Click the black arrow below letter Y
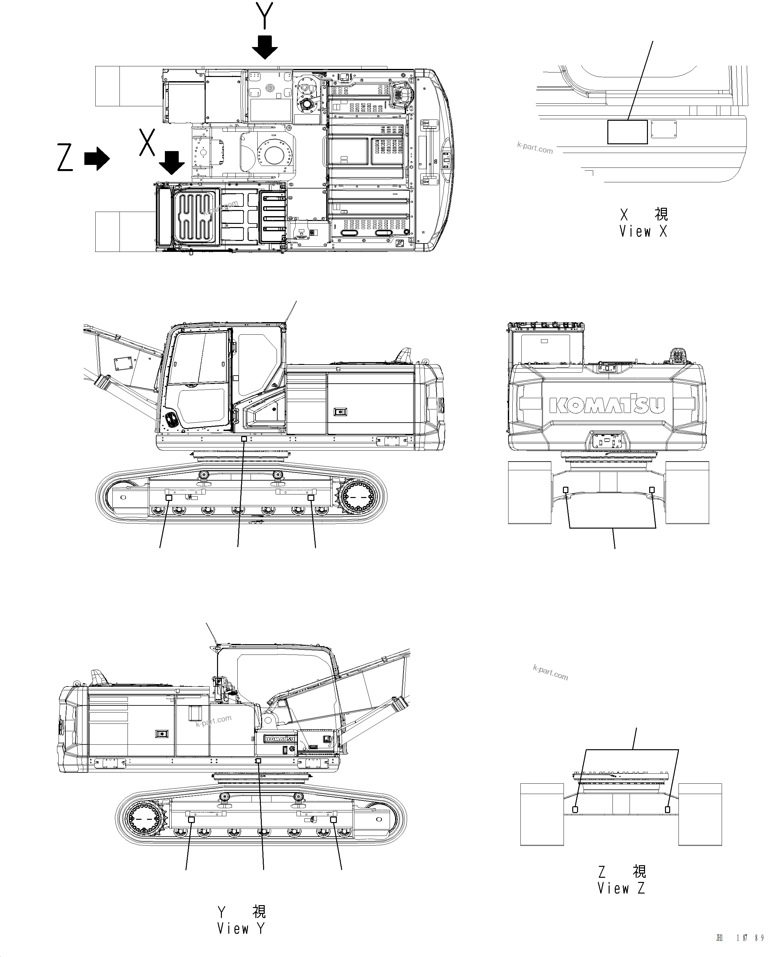pyautogui.click(x=265, y=47)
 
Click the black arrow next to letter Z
pyautogui.click(x=97, y=158)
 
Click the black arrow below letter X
pyautogui.click(x=171, y=162)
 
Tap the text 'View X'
pyautogui.click(x=643, y=231)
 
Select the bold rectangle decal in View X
pyautogui.click(x=627, y=132)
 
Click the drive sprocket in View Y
pyautogui.click(x=144, y=818)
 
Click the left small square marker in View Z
pyautogui.click(x=575, y=809)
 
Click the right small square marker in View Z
pyautogui.click(x=667, y=809)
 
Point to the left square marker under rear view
pyautogui.click(x=566, y=490)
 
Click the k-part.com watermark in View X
pyautogui.click(x=535, y=148)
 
